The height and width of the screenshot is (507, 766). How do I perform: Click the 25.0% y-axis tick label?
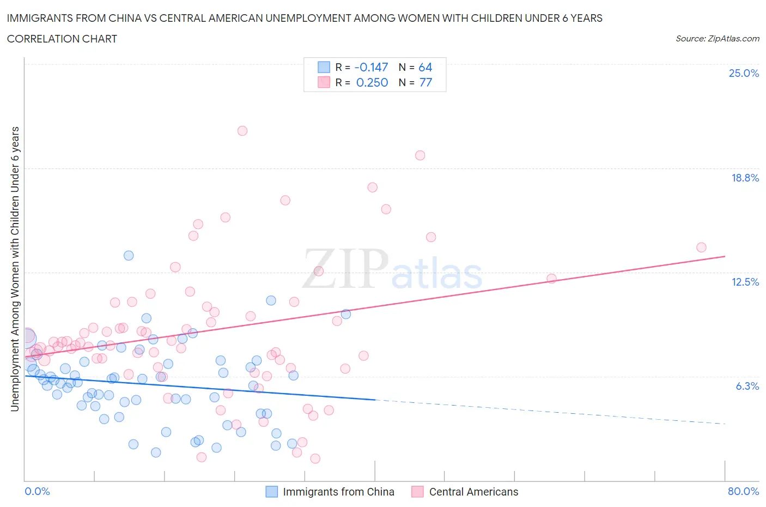[x=744, y=73]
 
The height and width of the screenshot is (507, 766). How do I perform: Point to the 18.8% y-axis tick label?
[x=745, y=178]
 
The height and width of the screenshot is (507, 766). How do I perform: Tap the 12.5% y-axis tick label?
[x=745, y=282]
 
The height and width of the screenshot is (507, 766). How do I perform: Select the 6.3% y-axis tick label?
[x=747, y=386]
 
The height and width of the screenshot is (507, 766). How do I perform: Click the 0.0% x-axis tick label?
[x=37, y=491]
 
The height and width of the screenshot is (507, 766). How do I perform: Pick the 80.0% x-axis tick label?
[x=743, y=491]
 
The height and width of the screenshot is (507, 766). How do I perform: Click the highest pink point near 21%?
[x=242, y=131]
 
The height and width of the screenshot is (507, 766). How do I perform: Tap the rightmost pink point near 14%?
[x=701, y=248]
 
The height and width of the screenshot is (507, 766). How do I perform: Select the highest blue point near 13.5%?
[x=129, y=256]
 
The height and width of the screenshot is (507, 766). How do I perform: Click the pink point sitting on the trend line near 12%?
[x=551, y=279]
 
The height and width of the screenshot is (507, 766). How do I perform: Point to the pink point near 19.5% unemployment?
[x=420, y=155]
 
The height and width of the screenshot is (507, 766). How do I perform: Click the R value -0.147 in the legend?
[x=371, y=67]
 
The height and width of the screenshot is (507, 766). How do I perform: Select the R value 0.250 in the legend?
[x=372, y=82]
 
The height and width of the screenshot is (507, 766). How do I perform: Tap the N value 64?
[x=425, y=67]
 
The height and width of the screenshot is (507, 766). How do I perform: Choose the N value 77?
[x=425, y=82]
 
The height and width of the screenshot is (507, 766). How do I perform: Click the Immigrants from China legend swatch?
[x=271, y=492]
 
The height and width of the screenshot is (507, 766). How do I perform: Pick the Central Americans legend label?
[x=473, y=492]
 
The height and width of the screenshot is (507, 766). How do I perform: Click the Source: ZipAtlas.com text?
[x=717, y=39]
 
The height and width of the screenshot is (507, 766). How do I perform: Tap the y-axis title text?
[x=15, y=269]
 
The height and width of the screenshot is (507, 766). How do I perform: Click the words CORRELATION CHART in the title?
[x=62, y=39]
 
